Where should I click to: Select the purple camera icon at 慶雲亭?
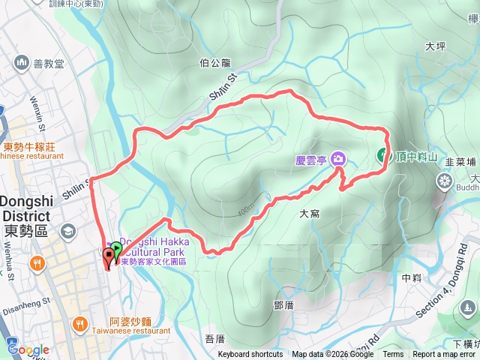[x=339, y=157]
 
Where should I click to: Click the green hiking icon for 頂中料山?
[x=382, y=156]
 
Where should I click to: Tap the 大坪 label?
[x=435, y=46]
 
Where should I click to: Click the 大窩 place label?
[x=310, y=214]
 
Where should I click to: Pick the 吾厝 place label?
[x=214, y=339]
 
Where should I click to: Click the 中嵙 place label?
[x=412, y=277]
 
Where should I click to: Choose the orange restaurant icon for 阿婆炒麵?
[x=80, y=323]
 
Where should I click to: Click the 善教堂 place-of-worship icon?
[x=19, y=61]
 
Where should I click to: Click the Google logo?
[x=28, y=349]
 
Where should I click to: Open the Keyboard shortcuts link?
[x=250, y=355]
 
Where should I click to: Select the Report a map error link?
[x=445, y=355]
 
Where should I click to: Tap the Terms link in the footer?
[x=393, y=355]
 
